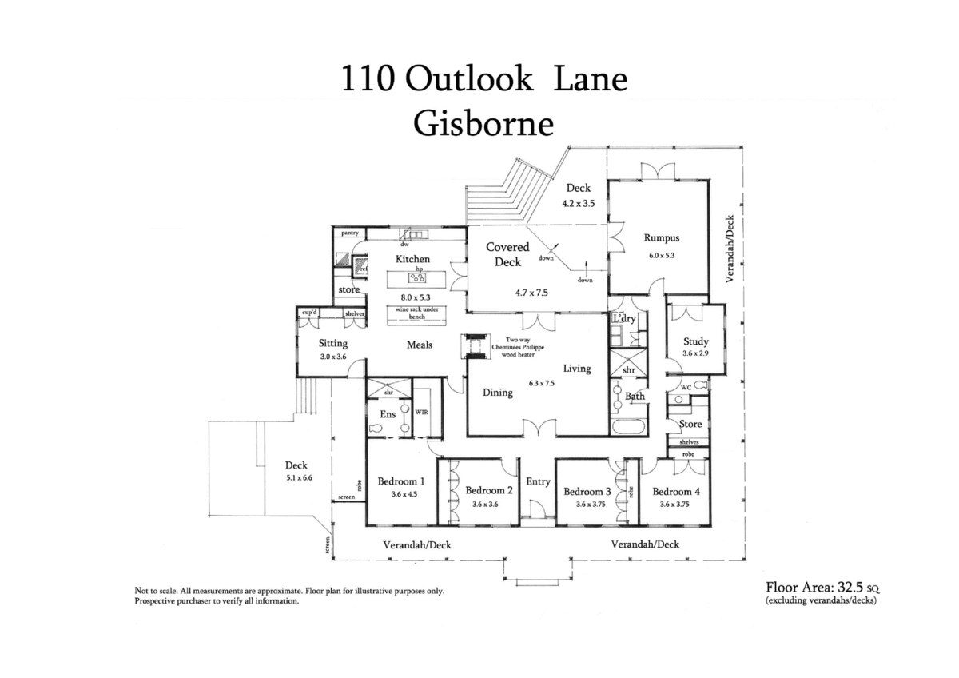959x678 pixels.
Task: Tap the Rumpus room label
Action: coord(661,237)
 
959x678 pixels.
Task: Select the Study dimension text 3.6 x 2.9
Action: coord(695,353)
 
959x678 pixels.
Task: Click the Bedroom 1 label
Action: coord(400,481)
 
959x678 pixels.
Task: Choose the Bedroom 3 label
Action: coord(587,491)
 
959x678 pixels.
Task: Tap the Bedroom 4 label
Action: coord(675,491)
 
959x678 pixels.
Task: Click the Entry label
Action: coord(538,481)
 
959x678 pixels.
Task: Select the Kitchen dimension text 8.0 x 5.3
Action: coord(414,297)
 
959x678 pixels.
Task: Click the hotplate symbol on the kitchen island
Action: coord(415,278)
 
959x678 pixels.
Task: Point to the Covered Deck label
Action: coord(507,254)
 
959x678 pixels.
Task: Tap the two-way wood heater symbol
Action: coord(473,345)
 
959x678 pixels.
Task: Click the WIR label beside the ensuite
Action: coord(421,412)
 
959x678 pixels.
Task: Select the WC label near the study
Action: coord(685,387)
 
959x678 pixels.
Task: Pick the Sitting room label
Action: coord(332,344)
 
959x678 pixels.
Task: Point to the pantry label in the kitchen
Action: coord(349,233)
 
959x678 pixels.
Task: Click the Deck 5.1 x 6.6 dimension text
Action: coord(296,477)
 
